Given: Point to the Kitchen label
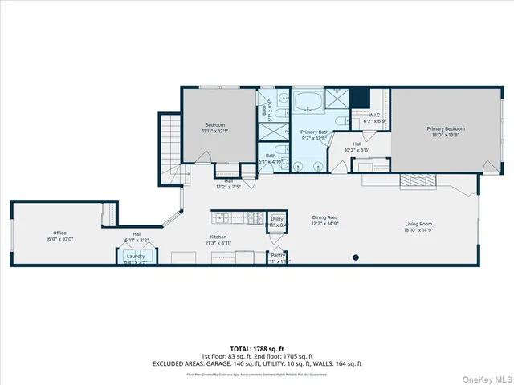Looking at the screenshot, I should (x=218, y=237).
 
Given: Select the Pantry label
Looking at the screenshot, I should (x=279, y=256).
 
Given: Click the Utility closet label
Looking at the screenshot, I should (x=276, y=218).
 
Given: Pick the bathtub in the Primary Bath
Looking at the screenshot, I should (x=306, y=103).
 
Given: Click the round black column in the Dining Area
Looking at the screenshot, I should (x=356, y=258).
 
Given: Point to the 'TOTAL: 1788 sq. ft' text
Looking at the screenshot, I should (x=257, y=350).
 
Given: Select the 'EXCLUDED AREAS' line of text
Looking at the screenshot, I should (x=257, y=363).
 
